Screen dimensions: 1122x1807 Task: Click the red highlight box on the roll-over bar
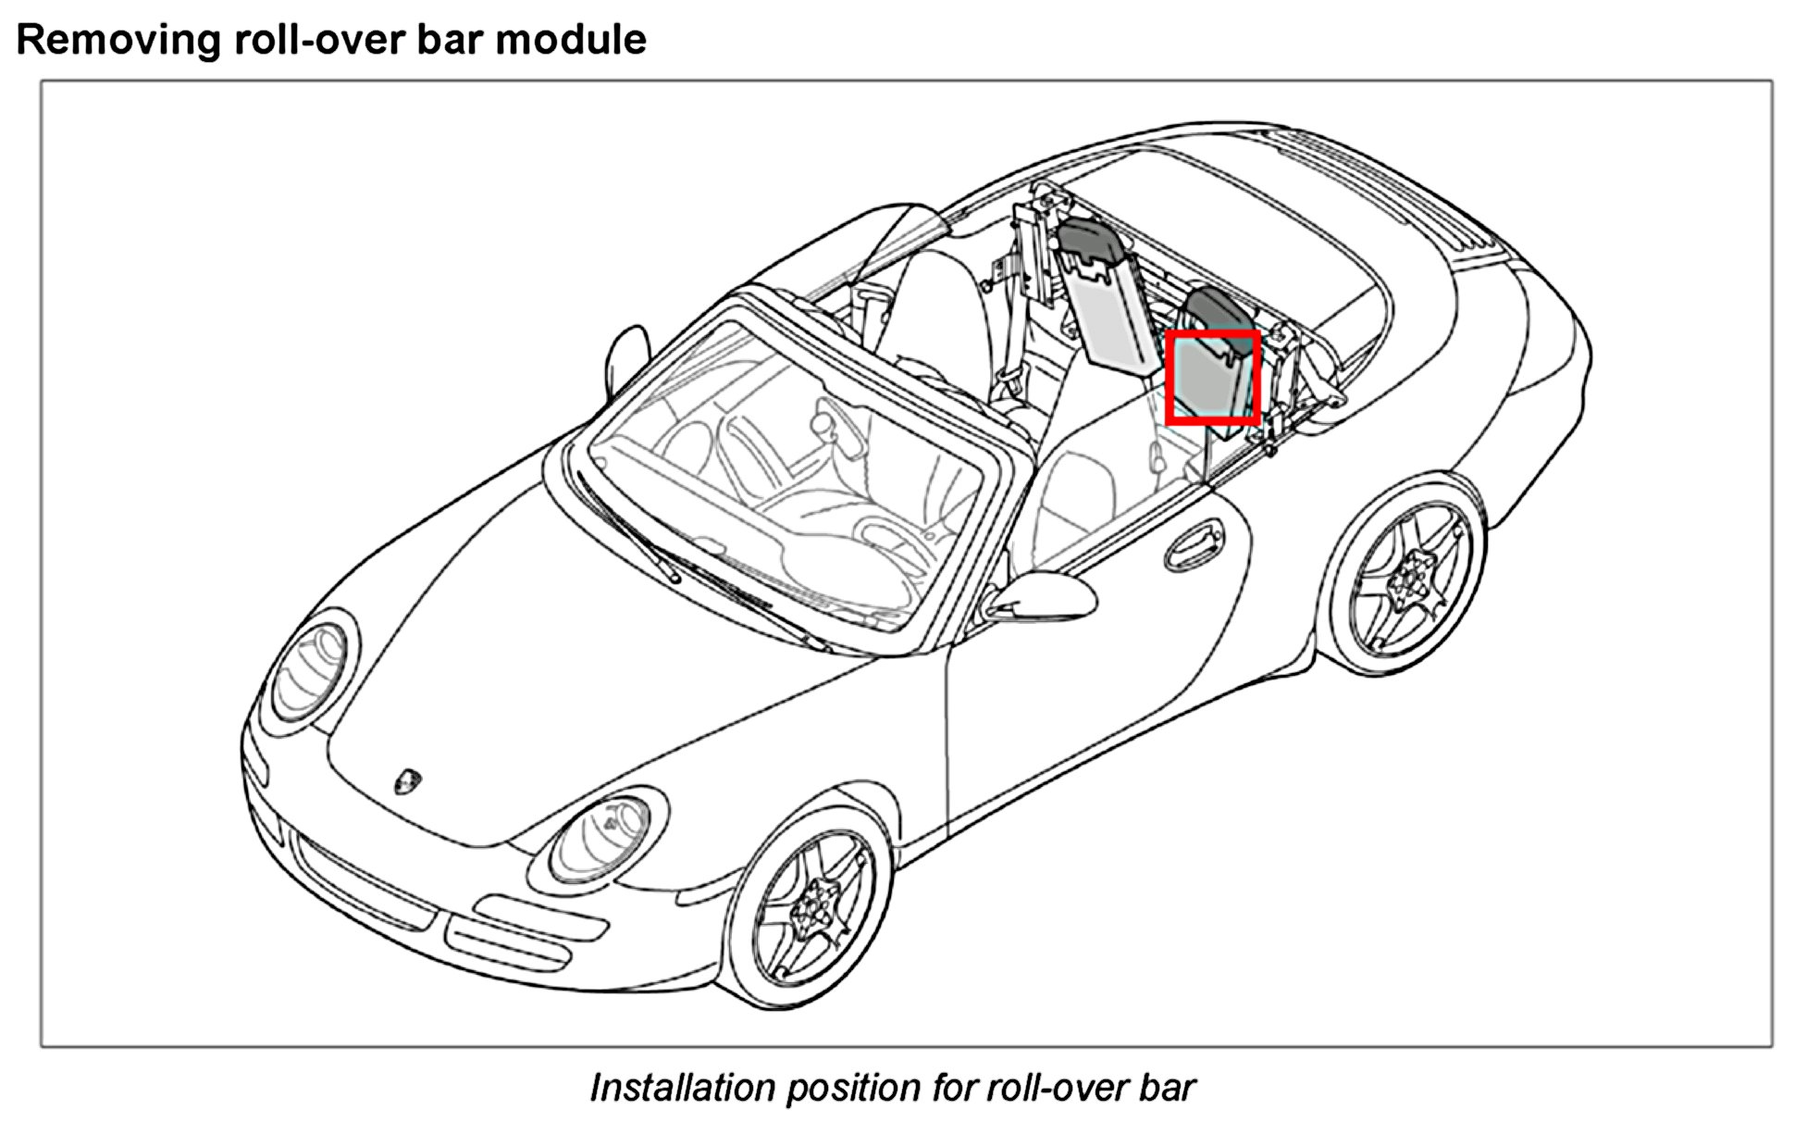click(x=1213, y=378)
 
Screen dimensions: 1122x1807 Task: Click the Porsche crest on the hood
click(x=405, y=779)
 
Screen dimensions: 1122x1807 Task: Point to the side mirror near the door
click(x=1041, y=596)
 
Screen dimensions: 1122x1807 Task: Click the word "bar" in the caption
click(x=1170, y=1087)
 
